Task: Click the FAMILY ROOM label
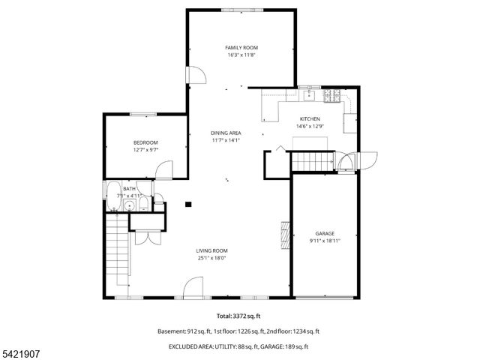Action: point(241,47)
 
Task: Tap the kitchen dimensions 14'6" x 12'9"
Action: point(310,127)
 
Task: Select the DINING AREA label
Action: point(225,133)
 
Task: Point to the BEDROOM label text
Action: point(145,142)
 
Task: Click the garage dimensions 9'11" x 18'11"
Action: point(325,241)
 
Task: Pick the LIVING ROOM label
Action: point(211,250)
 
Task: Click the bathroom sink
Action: point(128,205)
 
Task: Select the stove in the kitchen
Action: point(331,95)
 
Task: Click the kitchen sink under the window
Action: point(307,95)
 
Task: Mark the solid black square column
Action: point(188,203)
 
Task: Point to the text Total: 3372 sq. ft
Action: point(238,317)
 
